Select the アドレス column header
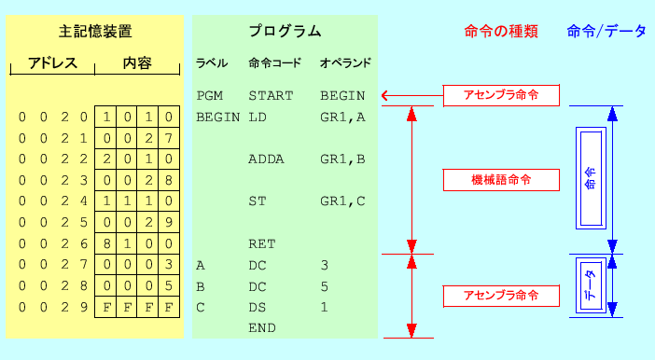(x=51, y=64)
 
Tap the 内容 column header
(x=137, y=64)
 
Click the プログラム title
(x=285, y=31)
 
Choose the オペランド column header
(x=345, y=63)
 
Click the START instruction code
(x=271, y=95)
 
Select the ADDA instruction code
(x=267, y=159)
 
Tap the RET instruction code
(x=261, y=243)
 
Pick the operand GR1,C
(x=342, y=201)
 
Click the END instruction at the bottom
(x=261, y=328)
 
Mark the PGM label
(x=210, y=95)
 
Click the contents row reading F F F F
(x=137, y=307)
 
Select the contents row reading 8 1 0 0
(x=137, y=243)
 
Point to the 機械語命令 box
(x=501, y=179)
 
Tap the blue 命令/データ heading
(x=606, y=31)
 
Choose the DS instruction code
(x=257, y=307)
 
